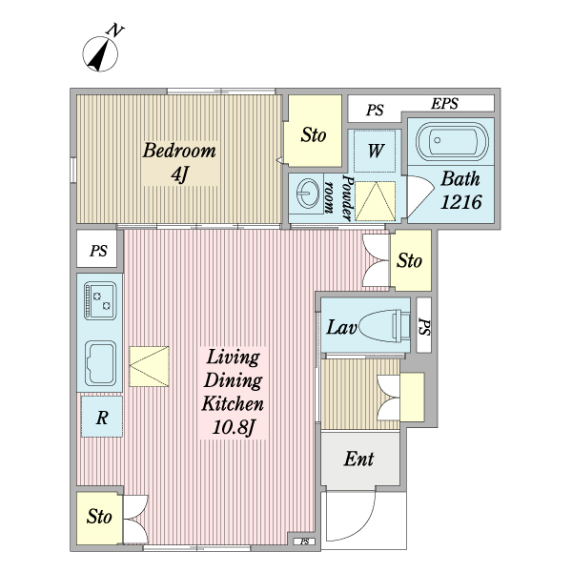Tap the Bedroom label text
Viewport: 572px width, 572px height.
[179, 151]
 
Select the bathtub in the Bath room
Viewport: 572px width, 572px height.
[453, 143]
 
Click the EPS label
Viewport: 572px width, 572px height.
[445, 104]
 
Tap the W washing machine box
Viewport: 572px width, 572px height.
[376, 150]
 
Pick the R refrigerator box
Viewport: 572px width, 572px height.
[101, 416]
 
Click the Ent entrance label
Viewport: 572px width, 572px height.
[357, 460]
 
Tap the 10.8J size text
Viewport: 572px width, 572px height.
[232, 427]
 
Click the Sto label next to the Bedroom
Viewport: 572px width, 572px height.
[314, 135]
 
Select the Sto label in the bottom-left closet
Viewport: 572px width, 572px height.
[99, 518]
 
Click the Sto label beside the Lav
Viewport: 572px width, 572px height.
[409, 259]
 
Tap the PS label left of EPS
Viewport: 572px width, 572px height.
[375, 111]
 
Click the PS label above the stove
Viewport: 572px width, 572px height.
[98, 253]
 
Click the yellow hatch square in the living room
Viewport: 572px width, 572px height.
[149, 365]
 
